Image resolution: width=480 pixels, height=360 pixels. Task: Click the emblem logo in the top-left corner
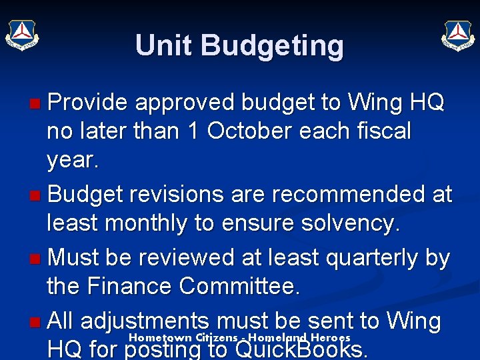[23, 34]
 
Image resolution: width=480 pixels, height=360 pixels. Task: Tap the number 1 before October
[193, 131]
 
